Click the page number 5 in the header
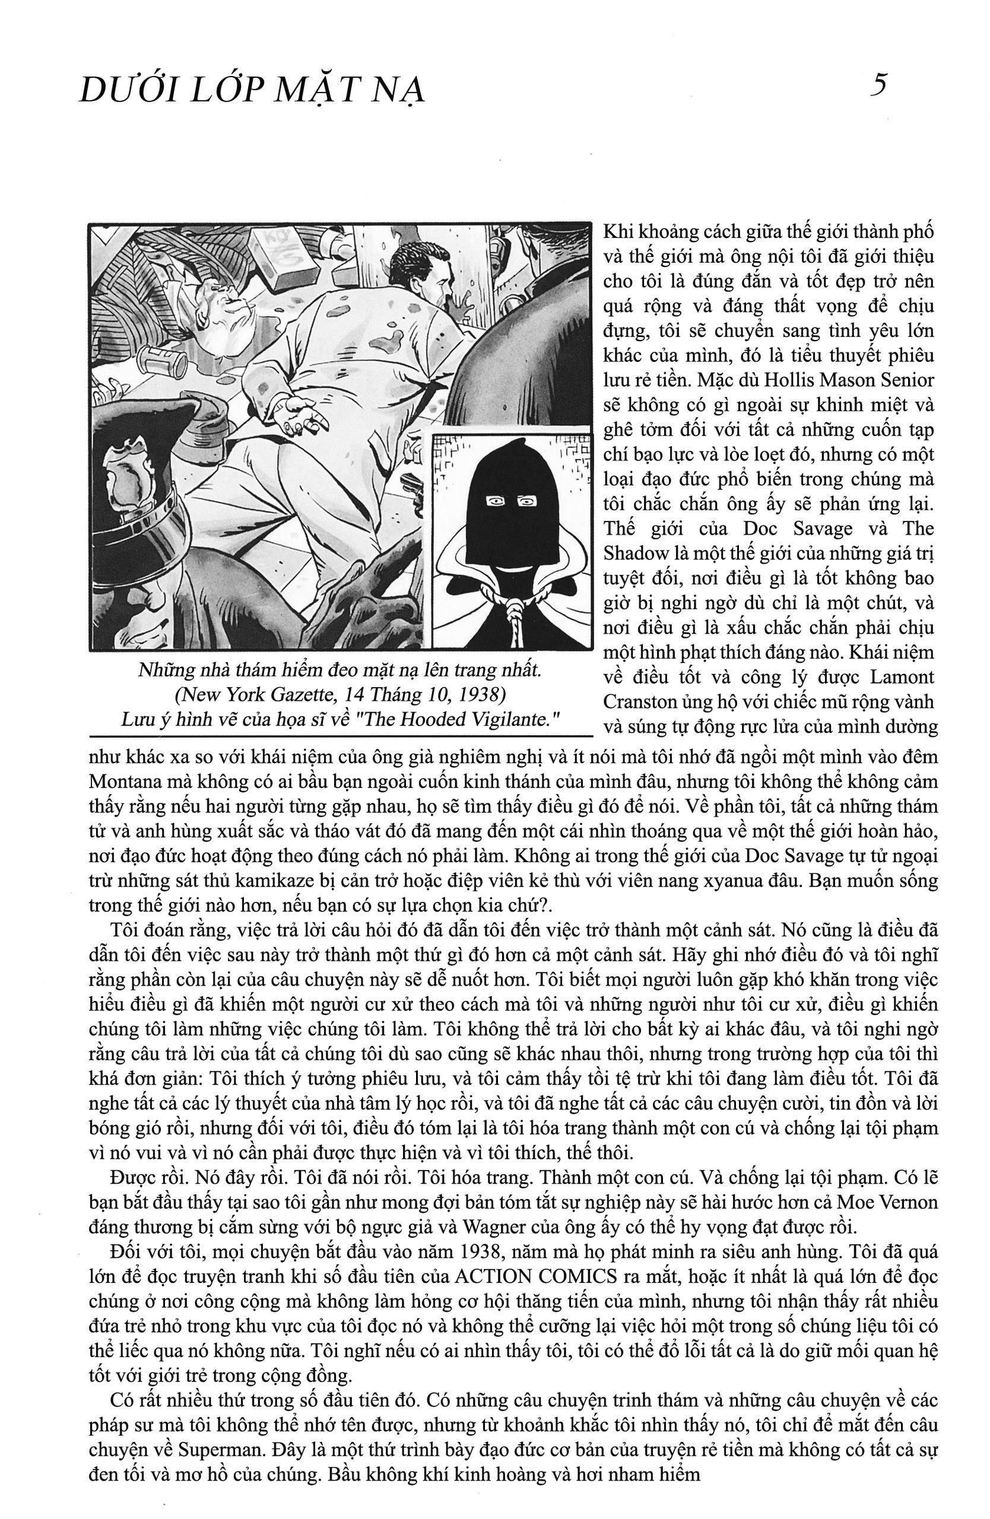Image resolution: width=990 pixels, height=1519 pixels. point(879,85)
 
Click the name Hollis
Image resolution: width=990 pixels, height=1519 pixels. point(768,380)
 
